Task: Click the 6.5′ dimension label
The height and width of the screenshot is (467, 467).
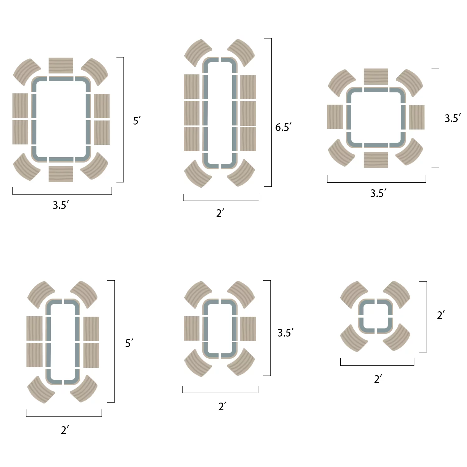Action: pos(283,127)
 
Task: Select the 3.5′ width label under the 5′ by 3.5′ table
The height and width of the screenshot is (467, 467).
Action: pos(61,205)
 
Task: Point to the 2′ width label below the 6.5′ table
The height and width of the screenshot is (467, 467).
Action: pos(220,213)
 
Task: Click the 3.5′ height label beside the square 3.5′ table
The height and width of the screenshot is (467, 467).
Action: pos(453,118)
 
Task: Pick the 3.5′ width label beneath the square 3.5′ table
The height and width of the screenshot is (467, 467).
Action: pos(378,193)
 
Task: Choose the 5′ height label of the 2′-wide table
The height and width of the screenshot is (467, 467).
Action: pos(129,343)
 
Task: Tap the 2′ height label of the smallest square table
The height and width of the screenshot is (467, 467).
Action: pos(441,315)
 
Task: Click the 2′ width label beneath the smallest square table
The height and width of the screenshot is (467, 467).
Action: pos(378,379)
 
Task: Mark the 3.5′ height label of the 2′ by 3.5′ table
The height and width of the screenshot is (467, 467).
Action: pos(285,333)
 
